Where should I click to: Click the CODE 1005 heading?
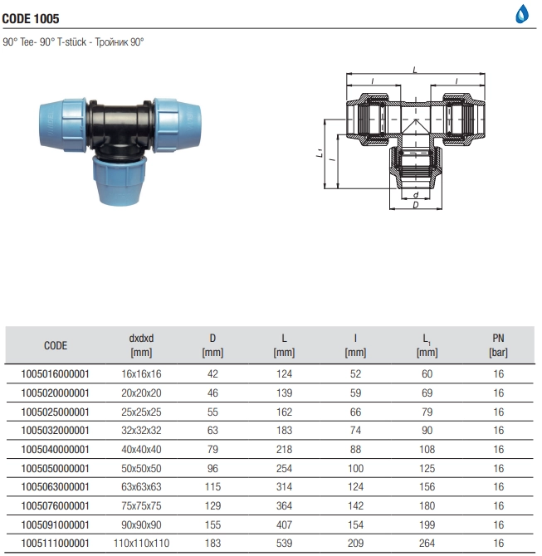pyautogui.click(x=31, y=18)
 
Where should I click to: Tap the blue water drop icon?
pyautogui.click(x=522, y=14)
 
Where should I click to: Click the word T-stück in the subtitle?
pyautogui.click(x=71, y=42)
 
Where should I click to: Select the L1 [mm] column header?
pyautogui.click(x=427, y=345)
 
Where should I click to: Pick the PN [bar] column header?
pyautogui.click(x=498, y=345)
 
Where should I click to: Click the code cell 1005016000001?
pyautogui.click(x=55, y=374)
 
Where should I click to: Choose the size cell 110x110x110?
pyautogui.click(x=141, y=544)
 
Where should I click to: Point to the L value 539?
pyautogui.click(x=284, y=544)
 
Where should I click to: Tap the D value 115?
pyautogui.click(x=212, y=487)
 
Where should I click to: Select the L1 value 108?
pyautogui.click(x=427, y=450)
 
